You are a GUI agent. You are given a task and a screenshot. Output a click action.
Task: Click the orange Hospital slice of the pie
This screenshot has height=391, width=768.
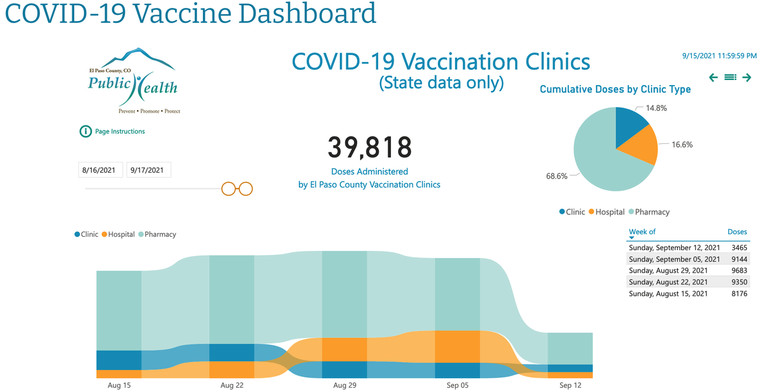pyautogui.click(x=642, y=145)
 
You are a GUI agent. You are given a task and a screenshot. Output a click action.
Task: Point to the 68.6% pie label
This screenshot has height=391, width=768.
pyautogui.click(x=557, y=176)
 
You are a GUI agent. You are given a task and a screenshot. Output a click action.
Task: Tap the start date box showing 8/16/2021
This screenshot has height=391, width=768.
pyautogui.click(x=99, y=170)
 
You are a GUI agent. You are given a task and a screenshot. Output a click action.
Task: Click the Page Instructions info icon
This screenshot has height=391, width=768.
pyautogui.click(x=86, y=132)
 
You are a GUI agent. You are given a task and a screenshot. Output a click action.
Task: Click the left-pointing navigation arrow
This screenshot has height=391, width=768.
pyautogui.click(x=714, y=77)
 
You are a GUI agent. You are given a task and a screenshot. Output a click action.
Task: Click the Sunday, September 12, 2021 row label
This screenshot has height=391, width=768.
pyautogui.click(x=674, y=248)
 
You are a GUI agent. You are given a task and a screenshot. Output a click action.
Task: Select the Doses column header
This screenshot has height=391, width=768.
pyautogui.click(x=737, y=232)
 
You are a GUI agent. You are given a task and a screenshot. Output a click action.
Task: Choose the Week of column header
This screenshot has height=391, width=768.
pyautogui.click(x=642, y=232)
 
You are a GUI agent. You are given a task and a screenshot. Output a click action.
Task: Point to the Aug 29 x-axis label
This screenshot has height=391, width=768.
pyautogui.click(x=344, y=385)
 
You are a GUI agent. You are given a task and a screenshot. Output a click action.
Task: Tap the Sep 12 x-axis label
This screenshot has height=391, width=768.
pyautogui.click(x=570, y=385)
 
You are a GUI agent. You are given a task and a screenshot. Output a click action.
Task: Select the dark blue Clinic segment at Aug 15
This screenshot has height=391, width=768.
pyautogui.click(x=119, y=360)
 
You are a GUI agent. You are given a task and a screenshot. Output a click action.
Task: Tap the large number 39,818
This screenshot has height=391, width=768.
pyautogui.click(x=369, y=148)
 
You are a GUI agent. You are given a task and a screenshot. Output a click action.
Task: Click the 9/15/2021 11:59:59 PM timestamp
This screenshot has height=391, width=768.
pyautogui.click(x=719, y=56)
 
